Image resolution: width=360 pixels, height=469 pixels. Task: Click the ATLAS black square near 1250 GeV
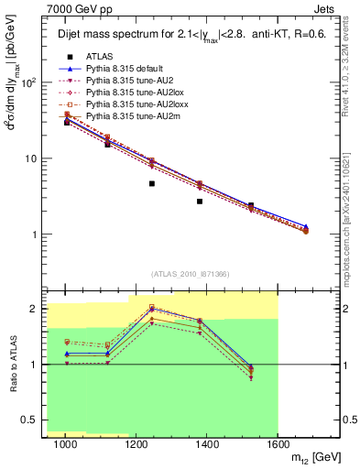(x=151, y=183)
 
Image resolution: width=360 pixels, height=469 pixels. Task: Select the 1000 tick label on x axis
(x=65, y=443)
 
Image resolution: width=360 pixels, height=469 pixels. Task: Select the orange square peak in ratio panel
(x=151, y=307)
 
